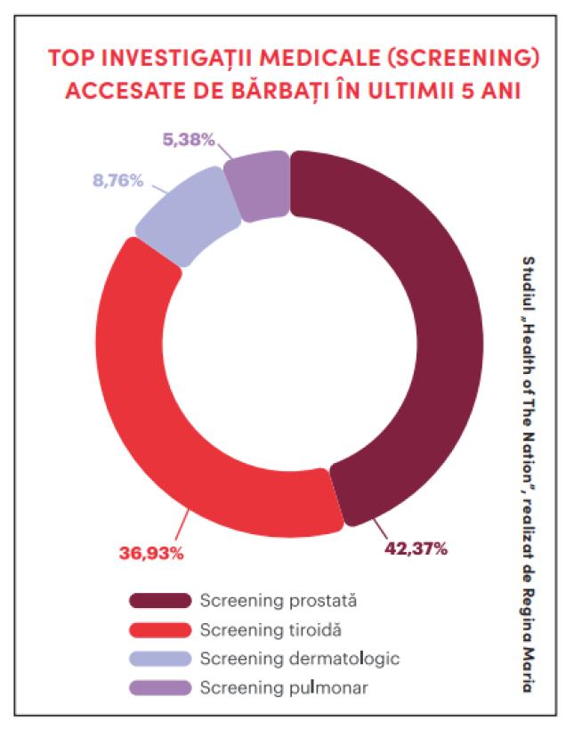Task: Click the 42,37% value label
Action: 416,547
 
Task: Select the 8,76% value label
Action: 117,180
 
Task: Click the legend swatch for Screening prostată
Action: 159,601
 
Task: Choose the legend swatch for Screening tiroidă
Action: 159,629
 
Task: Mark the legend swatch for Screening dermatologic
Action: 159,658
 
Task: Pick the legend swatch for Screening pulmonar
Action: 159,686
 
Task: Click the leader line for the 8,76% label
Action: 159,190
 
